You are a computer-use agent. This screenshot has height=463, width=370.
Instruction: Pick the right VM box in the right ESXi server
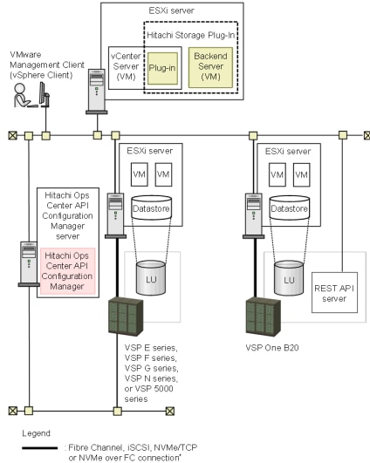(x=303, y=175)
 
